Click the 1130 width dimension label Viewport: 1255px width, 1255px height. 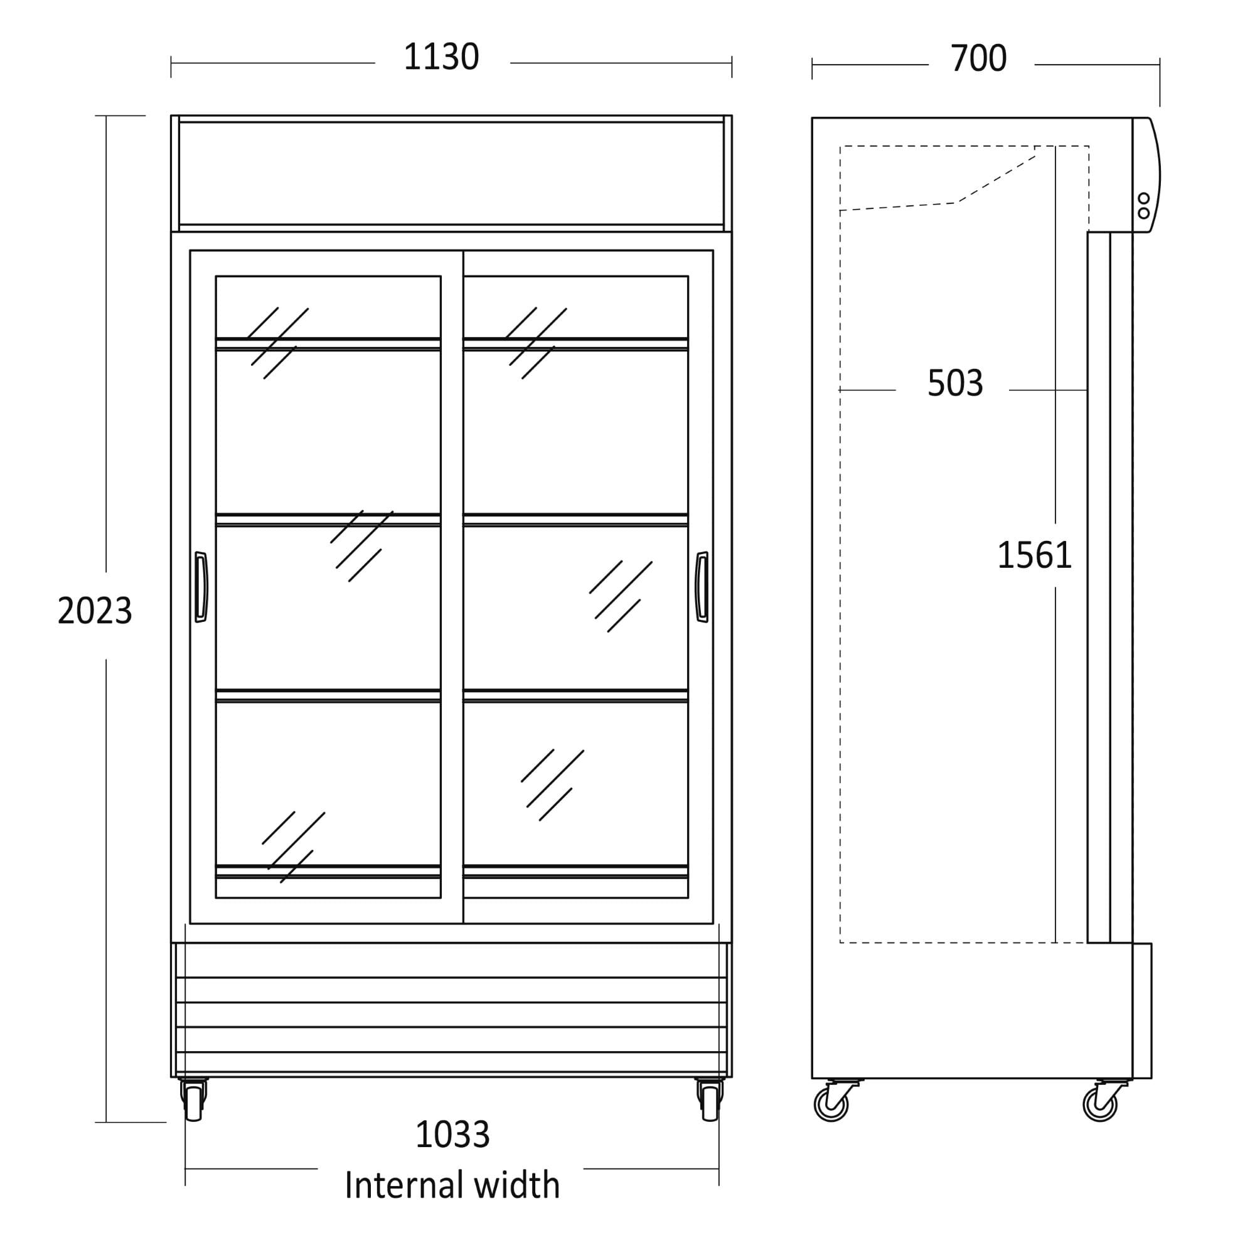[x=441, y=57]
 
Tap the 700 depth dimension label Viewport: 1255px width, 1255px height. [x=978, y=58]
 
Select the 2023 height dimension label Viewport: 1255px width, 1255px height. [x=95, y=611]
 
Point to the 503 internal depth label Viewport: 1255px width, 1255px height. [x=955, y=383]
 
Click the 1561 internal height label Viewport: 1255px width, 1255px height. [x=1034, y=555]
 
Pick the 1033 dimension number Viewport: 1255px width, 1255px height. [x=453, y=1135]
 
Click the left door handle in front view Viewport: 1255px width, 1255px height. [x=201, y=587]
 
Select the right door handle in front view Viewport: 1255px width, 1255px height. [x=702, y=587]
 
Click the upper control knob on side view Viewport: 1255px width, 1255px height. [x=1144, y=198]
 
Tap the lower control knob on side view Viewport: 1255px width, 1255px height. [x=1144, y=213]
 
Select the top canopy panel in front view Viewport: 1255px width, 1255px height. [x=451, y=173]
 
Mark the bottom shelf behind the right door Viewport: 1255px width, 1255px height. [x=575, y=871]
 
